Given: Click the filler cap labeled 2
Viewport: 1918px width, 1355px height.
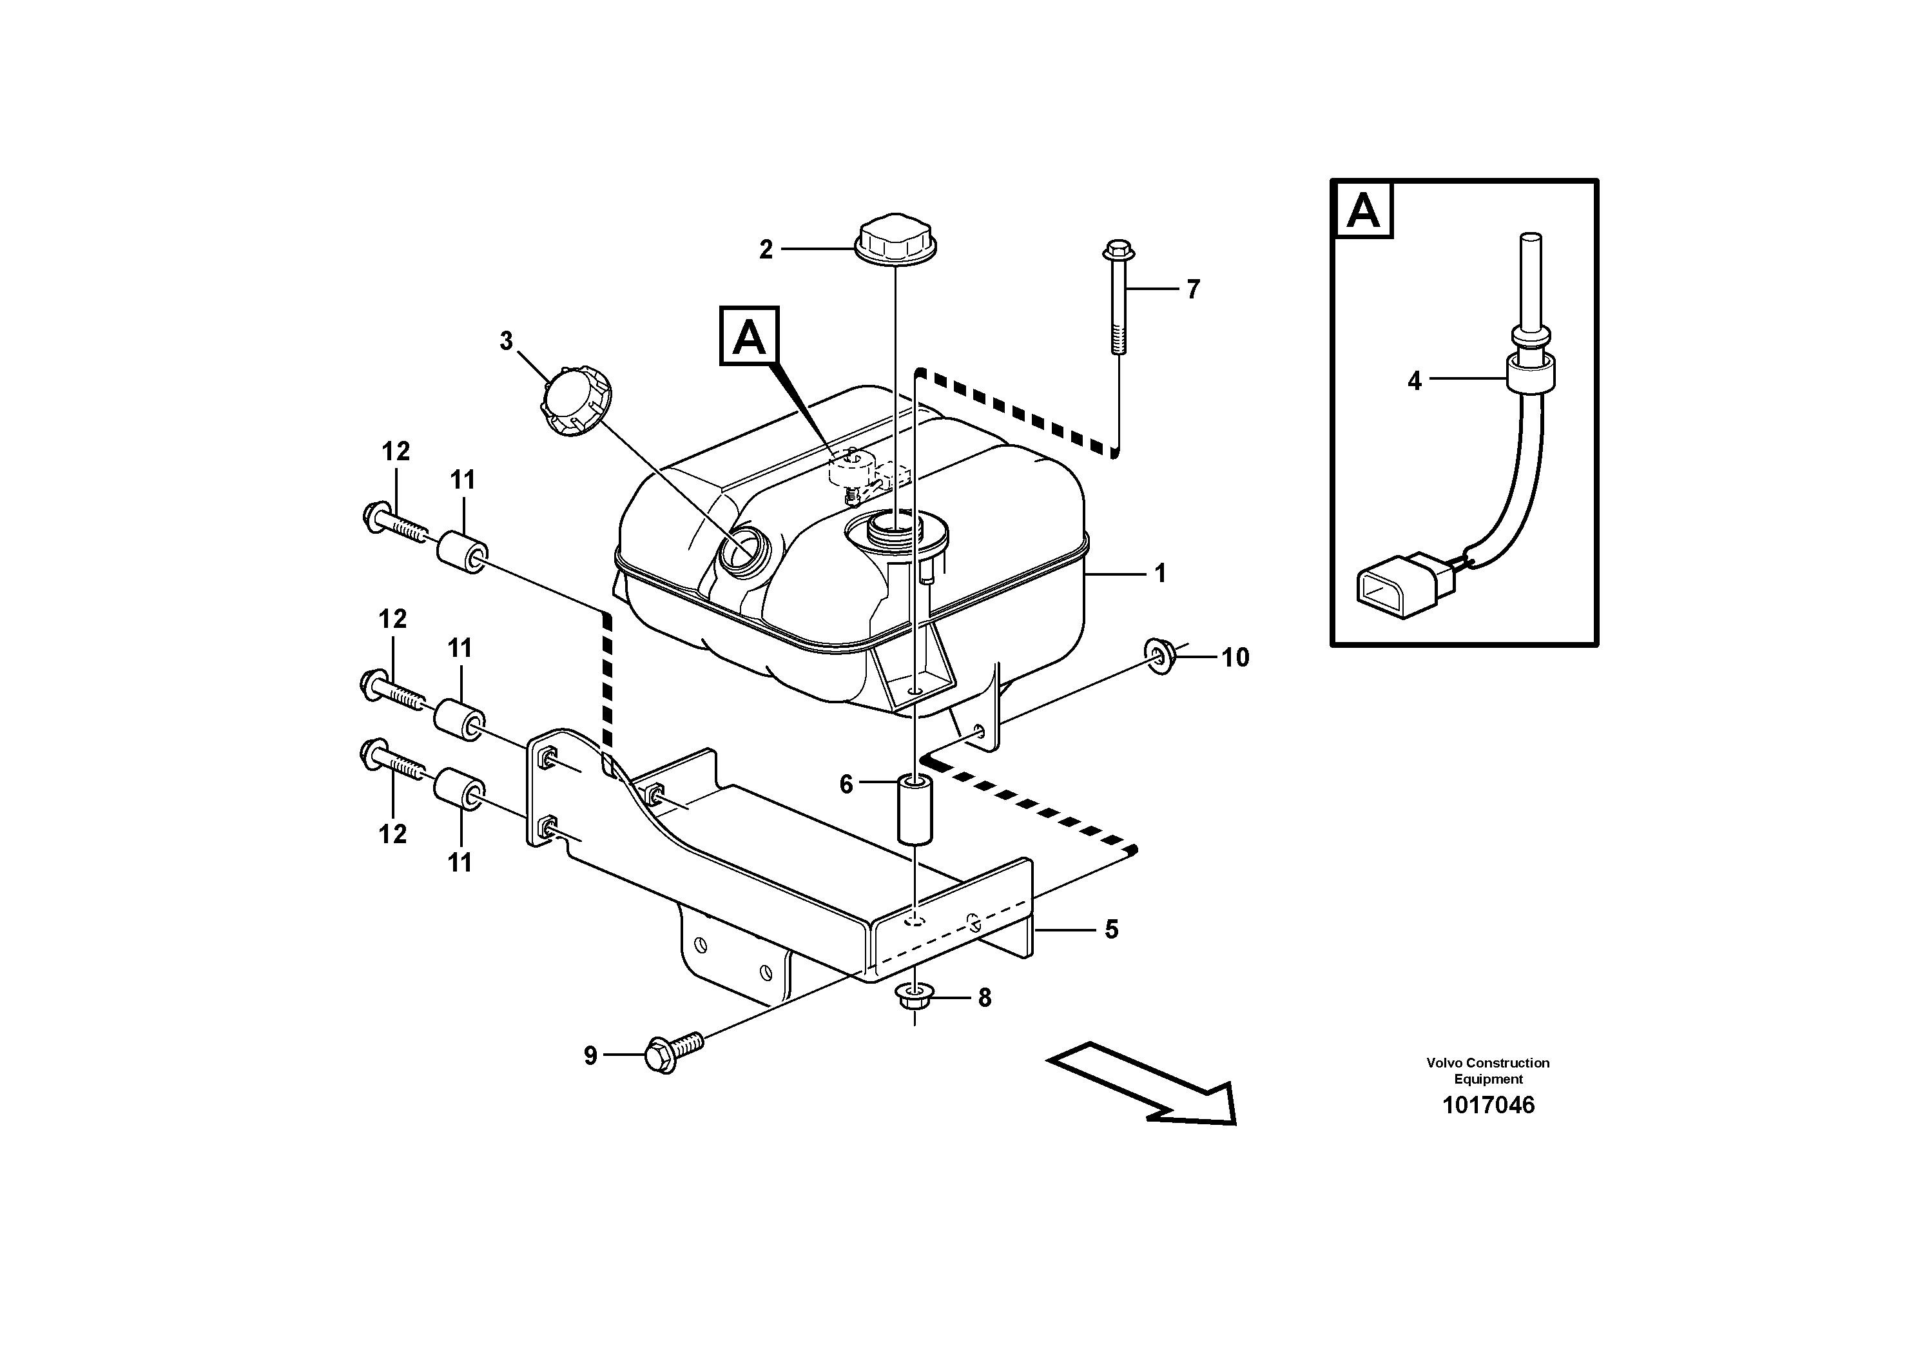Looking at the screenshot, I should pyautogui.click(x=895, y=239).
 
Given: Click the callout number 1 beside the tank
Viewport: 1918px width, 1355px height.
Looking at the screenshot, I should pyautogui.click(x=1159, y=574).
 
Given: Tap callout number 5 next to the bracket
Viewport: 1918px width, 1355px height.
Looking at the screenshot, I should pyautogui.click(x=1111, y=930).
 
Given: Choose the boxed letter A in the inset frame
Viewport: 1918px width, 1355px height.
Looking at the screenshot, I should pyautogui.click(x=1363, y=211).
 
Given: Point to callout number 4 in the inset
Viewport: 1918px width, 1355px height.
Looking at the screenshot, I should pyautogui.click(x=1413, y=382).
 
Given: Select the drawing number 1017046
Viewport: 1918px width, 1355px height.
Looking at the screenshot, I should pyautogui.click(x=1487, y=1106).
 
